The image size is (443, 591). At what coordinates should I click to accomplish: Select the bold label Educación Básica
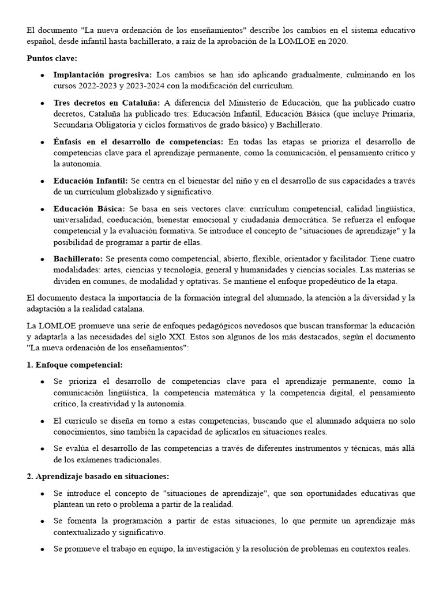[89, 208]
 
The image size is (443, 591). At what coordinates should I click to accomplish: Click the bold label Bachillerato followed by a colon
[78, 259]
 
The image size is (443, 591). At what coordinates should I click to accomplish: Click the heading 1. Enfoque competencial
[75, 365]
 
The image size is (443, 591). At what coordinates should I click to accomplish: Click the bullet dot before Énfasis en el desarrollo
[43, 142]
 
